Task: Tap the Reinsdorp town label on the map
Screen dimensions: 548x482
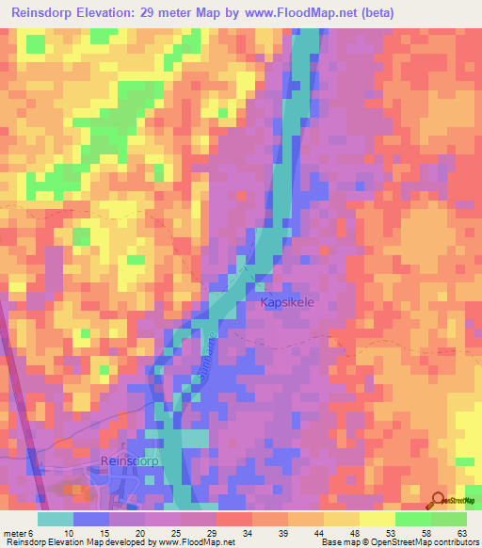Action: click(128, 460)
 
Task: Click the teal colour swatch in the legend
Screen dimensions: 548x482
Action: click(56, 519)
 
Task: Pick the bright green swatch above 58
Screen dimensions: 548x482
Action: click(413, 519)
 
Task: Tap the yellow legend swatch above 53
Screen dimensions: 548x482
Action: click(378, 519)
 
